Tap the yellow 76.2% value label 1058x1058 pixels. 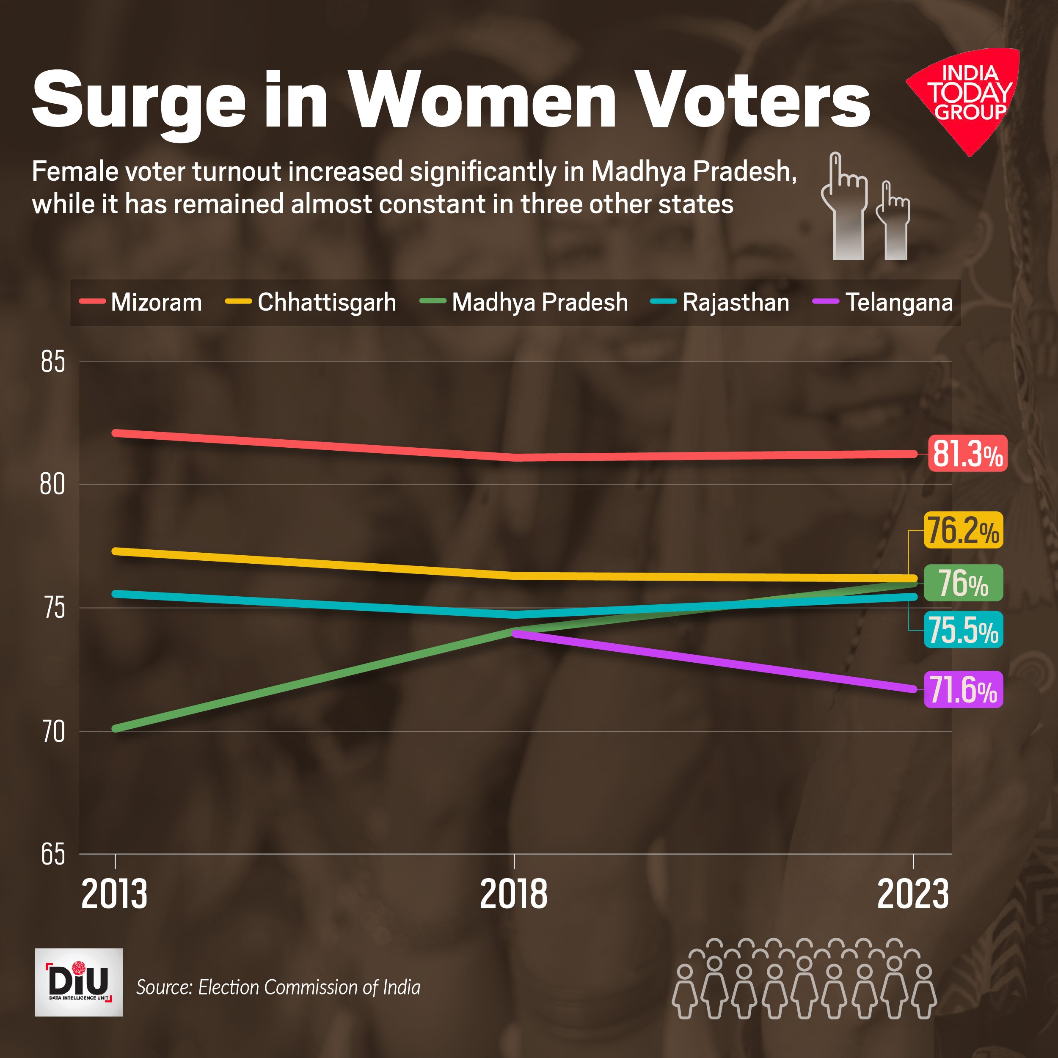pos(963,530)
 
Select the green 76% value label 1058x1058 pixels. pos(963,583)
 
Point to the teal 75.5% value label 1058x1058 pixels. pos(963,630)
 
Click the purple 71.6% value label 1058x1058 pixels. pos(963,689)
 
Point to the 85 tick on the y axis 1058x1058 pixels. pos(53,362)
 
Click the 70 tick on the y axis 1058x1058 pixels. pos(53,732)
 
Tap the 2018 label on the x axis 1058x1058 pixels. pos(513,895)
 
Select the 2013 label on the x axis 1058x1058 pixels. pos(114,895)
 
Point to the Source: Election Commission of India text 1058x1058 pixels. pos(278,987)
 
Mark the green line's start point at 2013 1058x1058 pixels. pos(116,728)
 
